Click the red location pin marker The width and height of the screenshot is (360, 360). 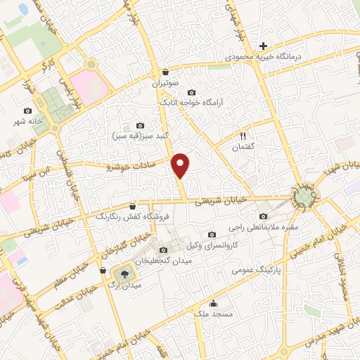click(181, 165)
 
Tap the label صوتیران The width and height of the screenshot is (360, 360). click(166, 83)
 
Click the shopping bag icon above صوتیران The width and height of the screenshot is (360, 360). click(166, 72)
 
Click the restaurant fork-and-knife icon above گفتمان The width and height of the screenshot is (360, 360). click(243, 136)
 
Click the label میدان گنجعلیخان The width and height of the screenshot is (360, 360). click(167, 261)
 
